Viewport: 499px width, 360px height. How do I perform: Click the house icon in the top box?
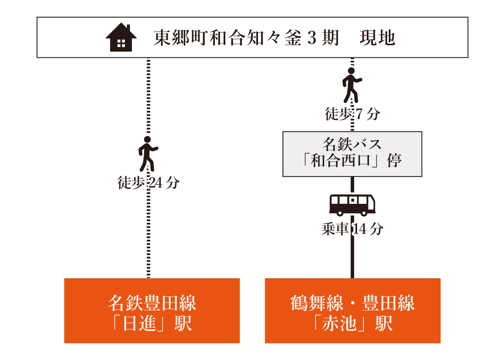point(121,37)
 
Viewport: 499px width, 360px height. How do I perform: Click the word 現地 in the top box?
point(377,38)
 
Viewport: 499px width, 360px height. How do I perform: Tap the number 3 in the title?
point(312,38)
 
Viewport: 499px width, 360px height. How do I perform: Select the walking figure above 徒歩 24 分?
point(148,154)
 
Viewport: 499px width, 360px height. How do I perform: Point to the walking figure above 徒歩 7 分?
point(352,85)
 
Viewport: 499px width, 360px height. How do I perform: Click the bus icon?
point(352,205)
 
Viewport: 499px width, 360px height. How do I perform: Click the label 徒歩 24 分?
point(149,183)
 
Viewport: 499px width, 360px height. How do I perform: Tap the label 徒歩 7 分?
point(352,114)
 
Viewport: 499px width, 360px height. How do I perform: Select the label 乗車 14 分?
point(352,229)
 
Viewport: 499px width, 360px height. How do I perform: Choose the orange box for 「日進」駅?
point(152,310)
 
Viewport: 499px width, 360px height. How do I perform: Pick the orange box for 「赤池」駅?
point(353,310)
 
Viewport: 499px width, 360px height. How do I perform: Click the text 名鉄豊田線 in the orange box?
point(152,303)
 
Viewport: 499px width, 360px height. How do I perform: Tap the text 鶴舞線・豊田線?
point(353,303)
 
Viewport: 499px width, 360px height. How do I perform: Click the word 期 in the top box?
point(330,38)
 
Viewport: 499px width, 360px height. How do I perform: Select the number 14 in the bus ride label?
point(360,229)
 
